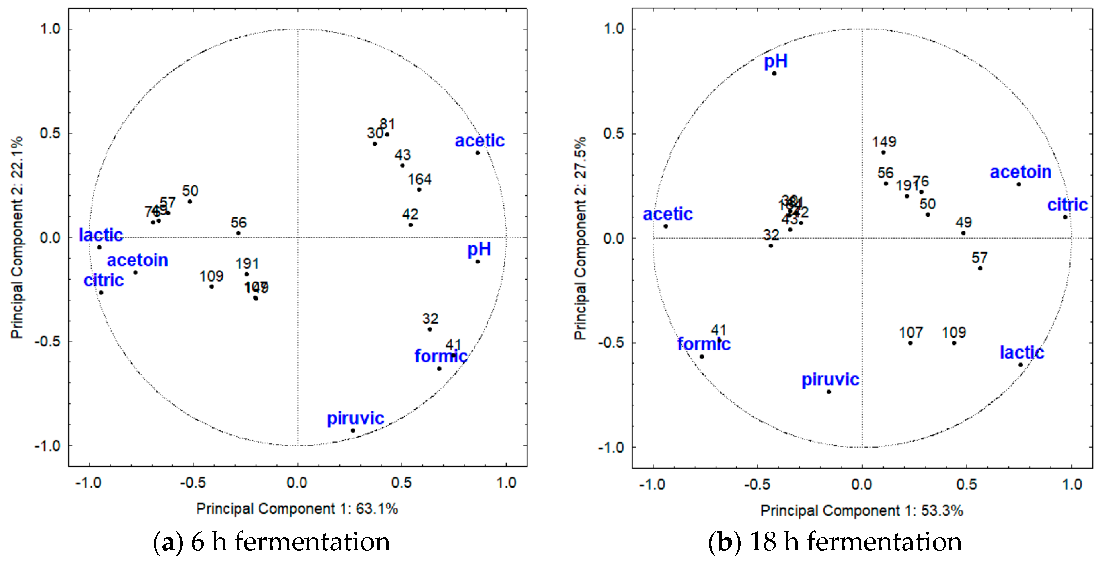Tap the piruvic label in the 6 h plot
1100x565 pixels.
point(355,418)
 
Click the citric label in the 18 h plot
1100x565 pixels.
point(1067,205)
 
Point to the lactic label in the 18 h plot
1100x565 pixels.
point(1022,353)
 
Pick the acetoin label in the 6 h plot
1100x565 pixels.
point(137,260)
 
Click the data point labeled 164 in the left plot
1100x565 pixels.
point(419,190)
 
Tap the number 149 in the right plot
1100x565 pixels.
point(883,142)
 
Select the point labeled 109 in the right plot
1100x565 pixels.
point(954,343)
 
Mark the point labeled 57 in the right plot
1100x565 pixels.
point(980,268)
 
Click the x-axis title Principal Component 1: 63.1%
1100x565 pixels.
point(297,509)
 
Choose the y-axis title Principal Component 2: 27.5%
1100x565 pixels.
point(580,238)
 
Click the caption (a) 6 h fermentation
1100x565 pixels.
point(272,542)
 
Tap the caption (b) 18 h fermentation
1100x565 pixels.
point(835,542)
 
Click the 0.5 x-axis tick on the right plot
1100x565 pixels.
point(966,484)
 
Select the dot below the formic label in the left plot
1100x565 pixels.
point(439,369)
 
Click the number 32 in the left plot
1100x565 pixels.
point(430,319)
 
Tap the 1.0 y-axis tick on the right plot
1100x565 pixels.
point(613,29)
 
